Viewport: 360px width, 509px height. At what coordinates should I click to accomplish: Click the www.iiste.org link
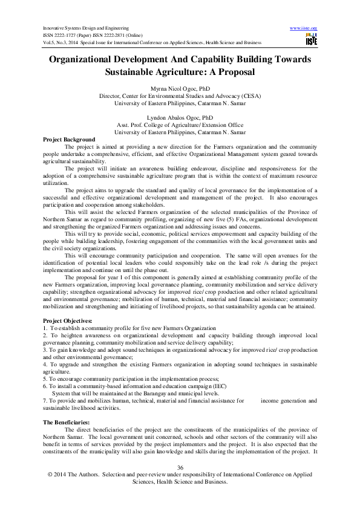click(304, 28)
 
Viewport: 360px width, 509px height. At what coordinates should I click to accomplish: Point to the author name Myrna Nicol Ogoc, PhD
click(180, 89)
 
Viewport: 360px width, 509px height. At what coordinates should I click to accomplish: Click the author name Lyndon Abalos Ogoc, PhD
click(180, 117)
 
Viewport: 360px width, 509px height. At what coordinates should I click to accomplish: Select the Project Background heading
click(69, 140)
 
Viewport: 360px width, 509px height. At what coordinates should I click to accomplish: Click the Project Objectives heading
click(68, 320)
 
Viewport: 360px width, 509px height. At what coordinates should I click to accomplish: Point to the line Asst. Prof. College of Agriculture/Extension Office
click(180, 124)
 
